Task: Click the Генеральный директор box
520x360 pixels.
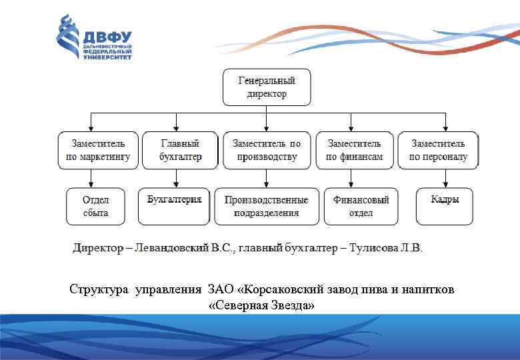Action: click(267, 87)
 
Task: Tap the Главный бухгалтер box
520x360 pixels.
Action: click(180, 150)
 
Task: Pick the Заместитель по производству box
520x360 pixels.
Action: click(266, 150)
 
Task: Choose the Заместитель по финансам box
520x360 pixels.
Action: click(354, 150)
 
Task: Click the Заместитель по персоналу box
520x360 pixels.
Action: click(438, 150)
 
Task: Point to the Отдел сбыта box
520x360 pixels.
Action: click(95, 206)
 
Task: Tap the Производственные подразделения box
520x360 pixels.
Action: click(266, 206)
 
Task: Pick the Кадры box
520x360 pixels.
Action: click(445, 206)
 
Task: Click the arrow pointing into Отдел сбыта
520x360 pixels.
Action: click(91, 178)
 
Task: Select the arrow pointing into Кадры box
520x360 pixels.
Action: click(445, 178)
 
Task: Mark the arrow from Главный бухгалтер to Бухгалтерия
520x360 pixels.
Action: click(175, 178)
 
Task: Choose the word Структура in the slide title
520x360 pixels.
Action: click(99, 289)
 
